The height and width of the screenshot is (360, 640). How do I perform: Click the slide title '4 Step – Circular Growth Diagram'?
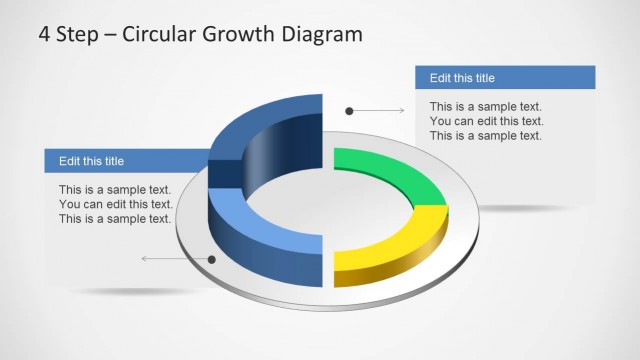click(x=200, y=35)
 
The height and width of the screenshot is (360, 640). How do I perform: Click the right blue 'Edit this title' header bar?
click(x=505, y=78)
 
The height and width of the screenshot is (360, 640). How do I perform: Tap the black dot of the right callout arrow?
click(x=349, y=110)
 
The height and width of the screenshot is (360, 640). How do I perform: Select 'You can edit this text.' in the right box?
click(x=486, y=121)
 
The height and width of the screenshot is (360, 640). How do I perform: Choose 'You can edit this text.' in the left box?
click(x=115, y=204)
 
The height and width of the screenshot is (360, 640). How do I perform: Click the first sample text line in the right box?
click(x=486, y=106)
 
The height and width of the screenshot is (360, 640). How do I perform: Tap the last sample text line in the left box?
click(x=115, y=219)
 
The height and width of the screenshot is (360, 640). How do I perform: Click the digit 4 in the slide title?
click(x=44, y=35)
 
